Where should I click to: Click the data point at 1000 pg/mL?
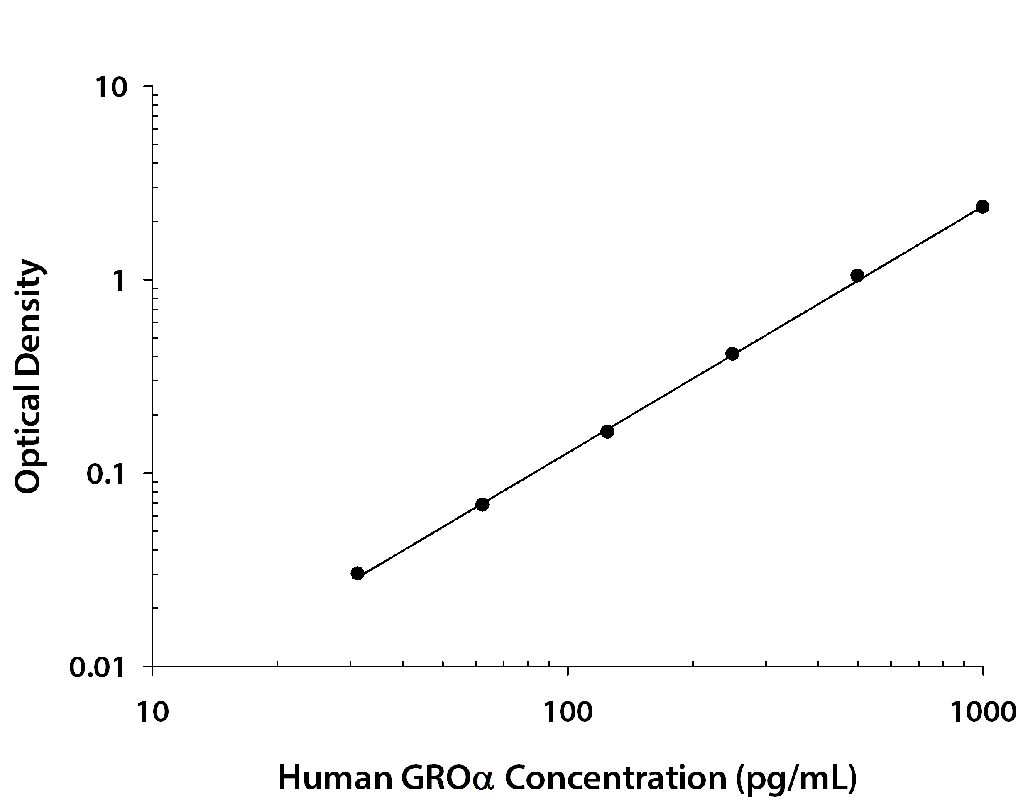982,207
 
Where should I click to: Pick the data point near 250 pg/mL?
732,354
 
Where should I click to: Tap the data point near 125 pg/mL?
607,432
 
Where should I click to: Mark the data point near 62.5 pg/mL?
482,505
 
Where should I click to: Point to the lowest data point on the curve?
357,573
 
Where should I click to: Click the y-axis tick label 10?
112,88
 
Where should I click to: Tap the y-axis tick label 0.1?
106,475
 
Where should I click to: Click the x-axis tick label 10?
152,713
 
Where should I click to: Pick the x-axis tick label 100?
568,713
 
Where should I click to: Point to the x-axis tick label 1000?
983,713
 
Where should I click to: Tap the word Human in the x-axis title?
335,778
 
